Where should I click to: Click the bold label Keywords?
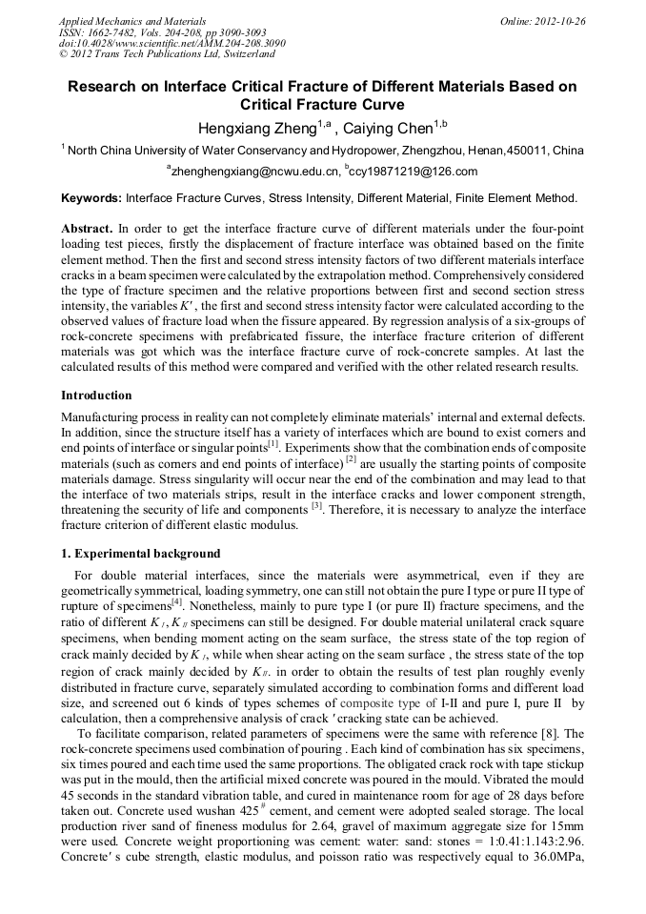91,198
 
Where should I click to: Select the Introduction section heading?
96,395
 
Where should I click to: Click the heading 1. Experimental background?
140,553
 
